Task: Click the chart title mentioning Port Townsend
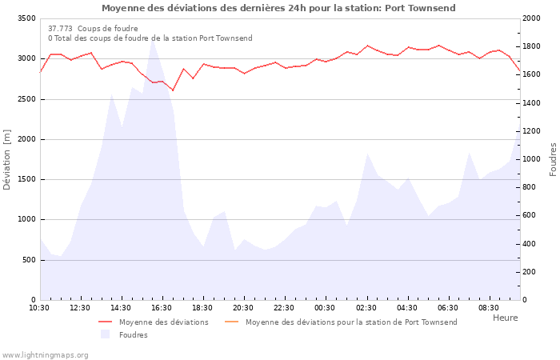[x=278, y=8]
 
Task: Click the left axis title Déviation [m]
[x=7, y=159]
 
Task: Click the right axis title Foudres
[x=553, y=159]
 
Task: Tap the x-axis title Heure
[x=505, y=318]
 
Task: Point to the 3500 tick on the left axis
[x=26, y=18]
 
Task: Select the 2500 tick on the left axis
[x=26, y=99]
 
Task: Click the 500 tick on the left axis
[x=29, y=260]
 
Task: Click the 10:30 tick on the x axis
[x=39, y=307]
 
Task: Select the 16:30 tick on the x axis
[x=162, y=307]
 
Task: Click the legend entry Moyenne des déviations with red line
[x=164, y=322]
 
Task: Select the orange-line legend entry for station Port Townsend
[x=351, y=322]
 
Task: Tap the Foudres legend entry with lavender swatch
[x=133, y=335]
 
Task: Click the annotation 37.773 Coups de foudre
[x=93, y=29]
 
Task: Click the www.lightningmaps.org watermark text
[x=45, y=354]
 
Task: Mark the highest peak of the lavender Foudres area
[x=152, y=39]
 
